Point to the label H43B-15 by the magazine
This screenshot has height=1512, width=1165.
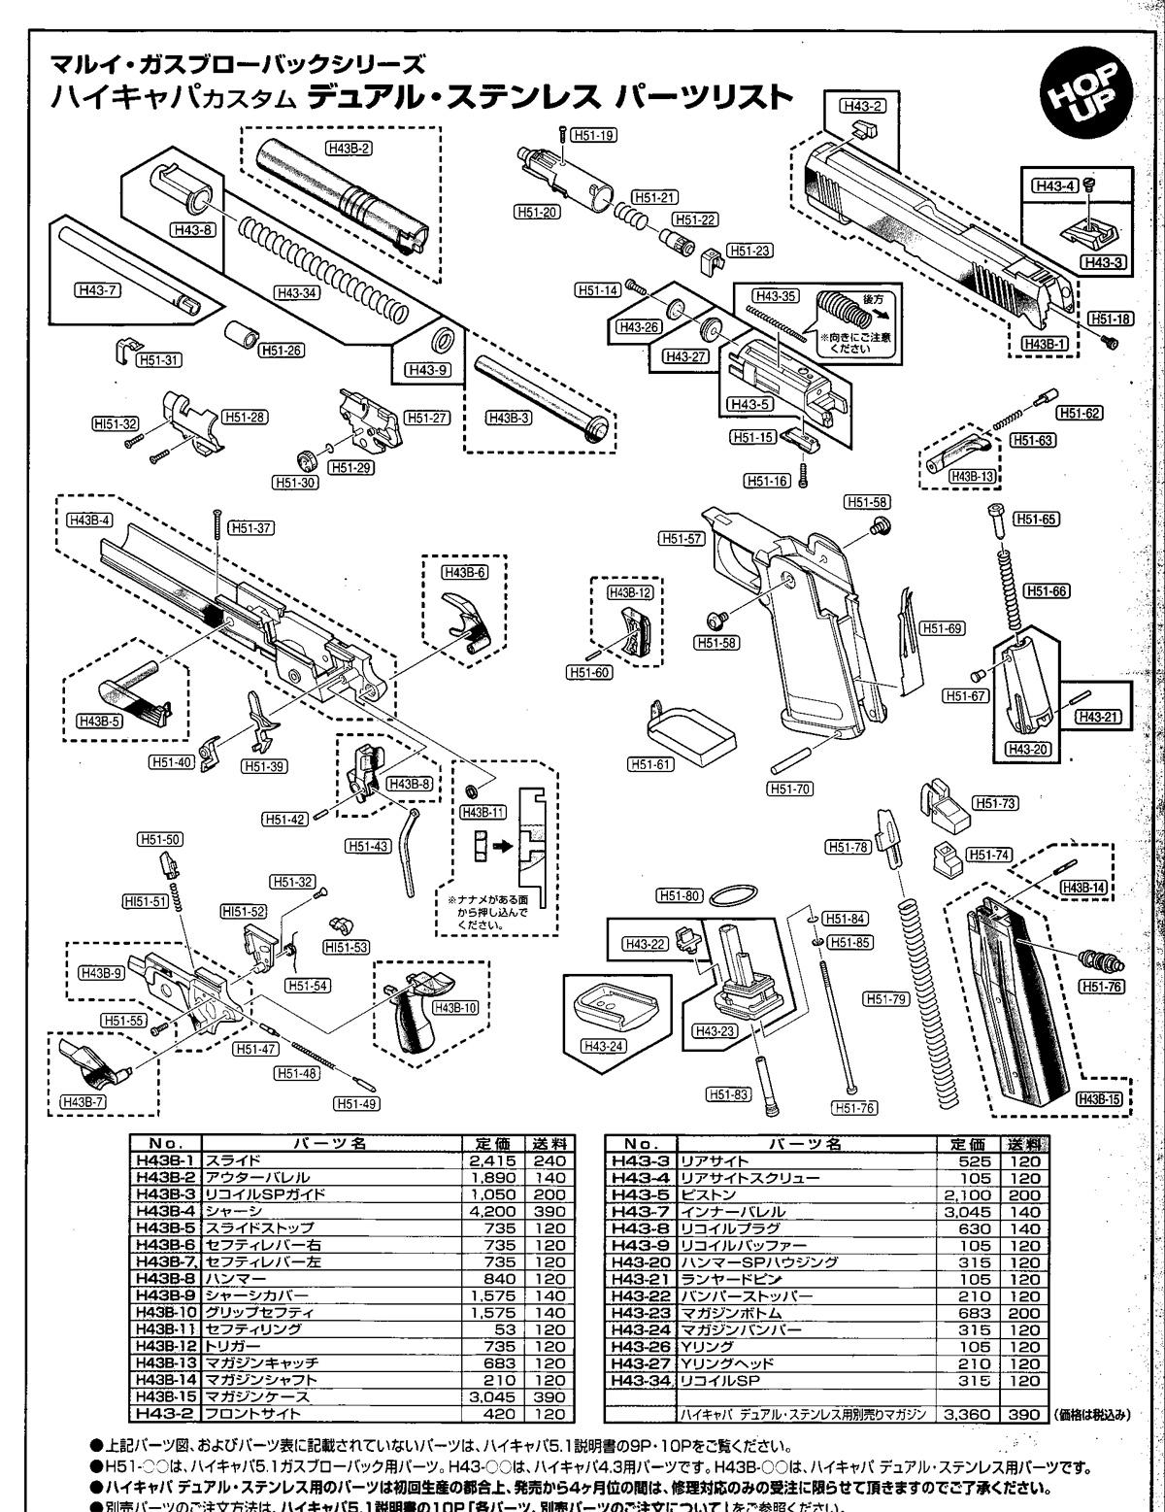(x=1099, y=1098)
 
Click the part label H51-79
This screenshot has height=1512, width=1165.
(x=885, y=996)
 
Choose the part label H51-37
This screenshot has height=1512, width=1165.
(x=250, y=527)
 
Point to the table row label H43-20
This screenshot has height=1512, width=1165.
(x=639, y=1262)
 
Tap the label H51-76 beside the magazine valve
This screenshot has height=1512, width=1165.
(x=1101, y=987)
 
